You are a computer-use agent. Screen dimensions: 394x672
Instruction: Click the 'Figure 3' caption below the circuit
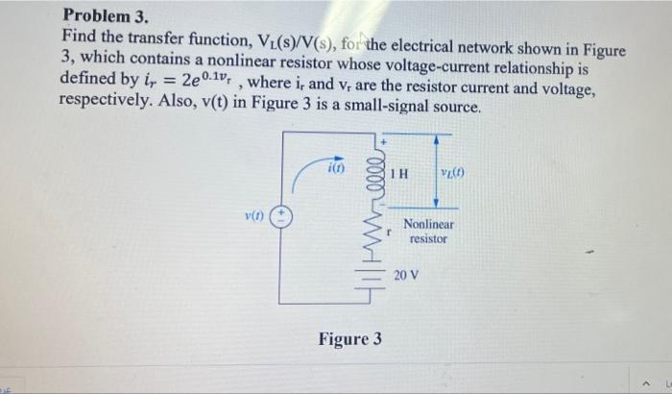pos(350,339)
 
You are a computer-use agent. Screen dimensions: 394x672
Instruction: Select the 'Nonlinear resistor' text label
pos(428,231)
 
